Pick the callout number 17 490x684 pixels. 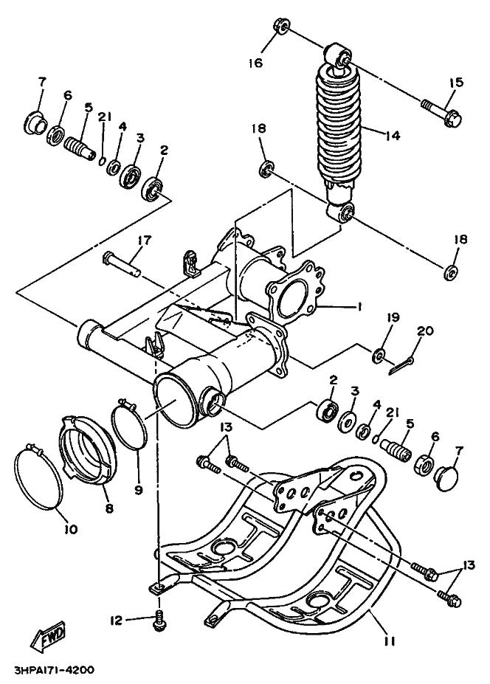click(143, 240)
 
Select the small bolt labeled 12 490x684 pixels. click(157, 621)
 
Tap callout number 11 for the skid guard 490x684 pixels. click(390, 641)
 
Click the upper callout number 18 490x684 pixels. click(258, 128)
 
